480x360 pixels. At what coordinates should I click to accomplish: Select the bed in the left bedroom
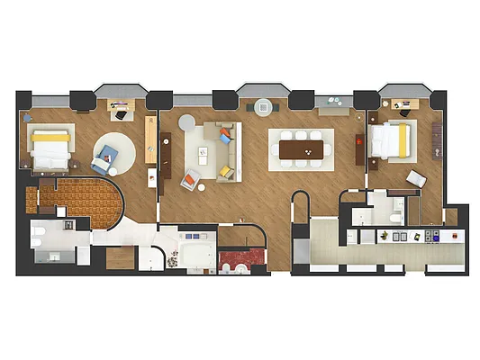(x=50, y=148)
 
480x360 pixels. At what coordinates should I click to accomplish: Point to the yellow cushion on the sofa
(x=226, y=170)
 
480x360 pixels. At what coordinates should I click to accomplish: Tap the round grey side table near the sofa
(x=186, y=122)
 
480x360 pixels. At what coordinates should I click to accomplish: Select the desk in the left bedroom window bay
(x=119, y=111)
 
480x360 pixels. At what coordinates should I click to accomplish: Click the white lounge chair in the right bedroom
(x=415, y=178)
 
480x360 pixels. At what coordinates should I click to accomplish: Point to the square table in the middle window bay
(x=264, y=106)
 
